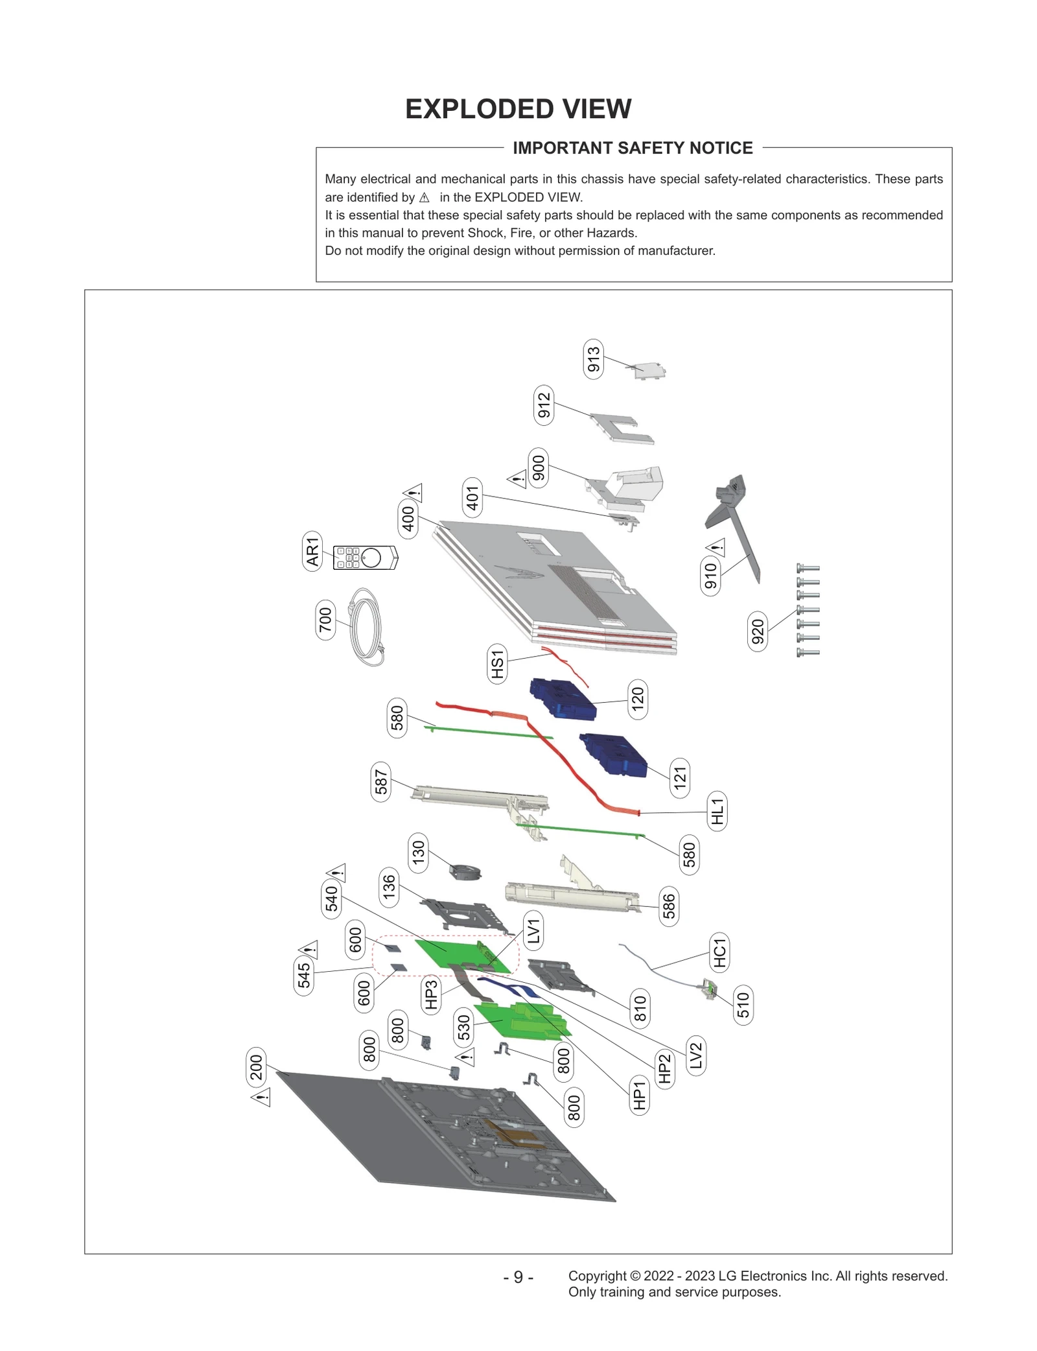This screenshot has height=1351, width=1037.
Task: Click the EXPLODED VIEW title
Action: (x=518, y=109)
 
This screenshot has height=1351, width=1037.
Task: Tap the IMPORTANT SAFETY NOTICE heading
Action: (x=632, y=148)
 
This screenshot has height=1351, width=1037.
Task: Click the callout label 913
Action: (x=593, y=358)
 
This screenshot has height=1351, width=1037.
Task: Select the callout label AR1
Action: (x=312, y=551)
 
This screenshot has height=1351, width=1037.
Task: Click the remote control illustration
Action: (x=365, y=558)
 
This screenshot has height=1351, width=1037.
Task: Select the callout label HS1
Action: (x=497, y=664)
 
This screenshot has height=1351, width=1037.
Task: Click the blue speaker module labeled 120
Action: (x=563, y=699)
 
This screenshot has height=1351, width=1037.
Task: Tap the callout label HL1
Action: (x=717, y=811)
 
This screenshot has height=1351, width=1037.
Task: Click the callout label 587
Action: (x=381, y=781)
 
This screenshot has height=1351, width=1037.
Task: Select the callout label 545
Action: (x=304, y=975)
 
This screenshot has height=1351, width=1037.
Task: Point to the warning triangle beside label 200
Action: (x=261, y=1098)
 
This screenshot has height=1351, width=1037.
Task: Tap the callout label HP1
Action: (x=639, y=1095)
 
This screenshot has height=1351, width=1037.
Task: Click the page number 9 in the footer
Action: (x=518, y=1276)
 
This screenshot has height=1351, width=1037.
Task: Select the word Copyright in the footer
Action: (x=597, y=1275)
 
